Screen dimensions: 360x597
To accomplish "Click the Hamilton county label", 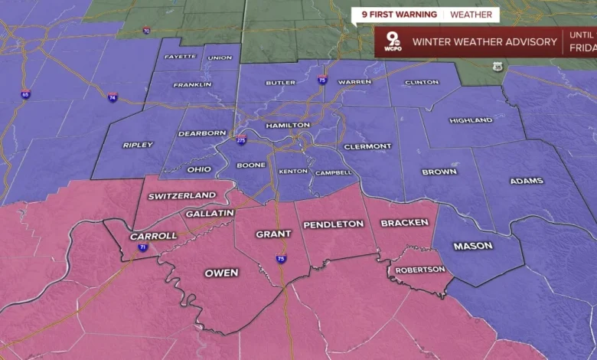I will tap(288, 125).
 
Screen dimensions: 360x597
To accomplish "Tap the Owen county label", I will tap(221, 273).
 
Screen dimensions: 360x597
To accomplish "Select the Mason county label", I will tap(473, 246).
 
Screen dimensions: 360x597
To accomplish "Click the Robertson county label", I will tap(419, 270).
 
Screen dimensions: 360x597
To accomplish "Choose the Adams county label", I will tap(527, 181).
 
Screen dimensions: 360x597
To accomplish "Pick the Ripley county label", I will tap(138, 145).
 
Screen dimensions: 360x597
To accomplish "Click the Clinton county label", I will tap(422, 82).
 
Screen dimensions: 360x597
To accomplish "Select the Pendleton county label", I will tap(333, 224).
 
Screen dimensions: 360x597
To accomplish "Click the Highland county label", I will tap(471, 120).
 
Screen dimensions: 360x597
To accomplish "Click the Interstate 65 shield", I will tap(26, 94).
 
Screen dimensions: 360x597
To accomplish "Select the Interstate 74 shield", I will tap(113, 97).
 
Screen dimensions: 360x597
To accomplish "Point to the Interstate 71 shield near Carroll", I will tap(143, 247).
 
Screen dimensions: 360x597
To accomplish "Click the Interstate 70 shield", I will tap(146, 31).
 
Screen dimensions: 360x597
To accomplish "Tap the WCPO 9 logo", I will tap(392, 41).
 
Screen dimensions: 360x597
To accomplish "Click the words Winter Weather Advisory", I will tap(484, 42).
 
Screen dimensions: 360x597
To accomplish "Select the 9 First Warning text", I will tap(394, 15).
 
